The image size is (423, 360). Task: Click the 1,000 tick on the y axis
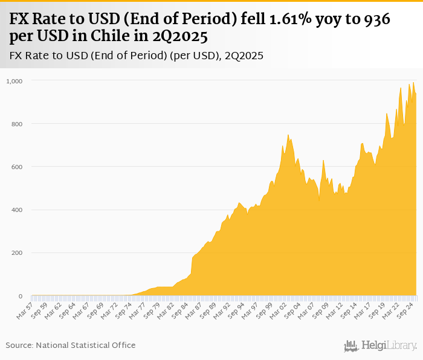coord(14,80)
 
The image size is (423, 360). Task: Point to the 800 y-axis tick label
coord(18,124)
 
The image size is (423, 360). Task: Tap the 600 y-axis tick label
coord(18,167)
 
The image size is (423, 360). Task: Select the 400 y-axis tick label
coord(18,210)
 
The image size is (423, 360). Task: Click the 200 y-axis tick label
coord(18,253)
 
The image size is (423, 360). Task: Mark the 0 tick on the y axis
coord(21,297)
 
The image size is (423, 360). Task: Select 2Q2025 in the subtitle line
coord(244,56)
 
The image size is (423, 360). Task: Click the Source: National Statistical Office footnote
coord(71,345)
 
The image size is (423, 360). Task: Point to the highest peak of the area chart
coord(413,83)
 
